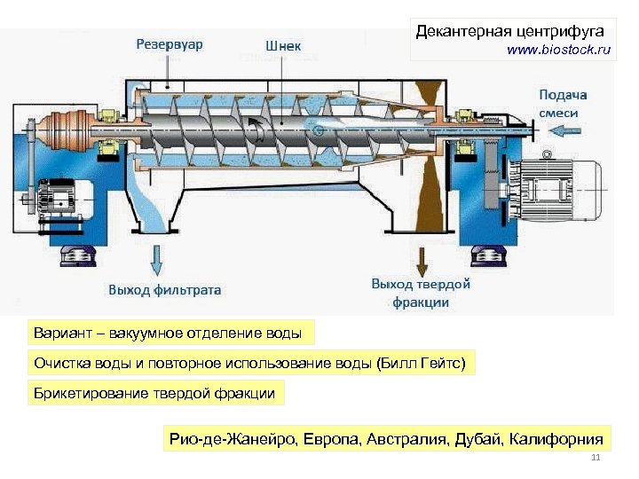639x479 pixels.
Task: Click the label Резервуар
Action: click(x=169, y=43)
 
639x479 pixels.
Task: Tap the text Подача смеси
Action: click(x=562, y=104)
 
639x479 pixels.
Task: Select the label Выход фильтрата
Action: click(x=165, y=289)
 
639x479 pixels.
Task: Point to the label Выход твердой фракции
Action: click(x=421, y=293)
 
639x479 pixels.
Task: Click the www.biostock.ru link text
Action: click(x=559, y=51)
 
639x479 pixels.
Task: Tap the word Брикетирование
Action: click(x=90, y=393)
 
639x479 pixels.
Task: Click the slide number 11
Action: click(x=596, y=458)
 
